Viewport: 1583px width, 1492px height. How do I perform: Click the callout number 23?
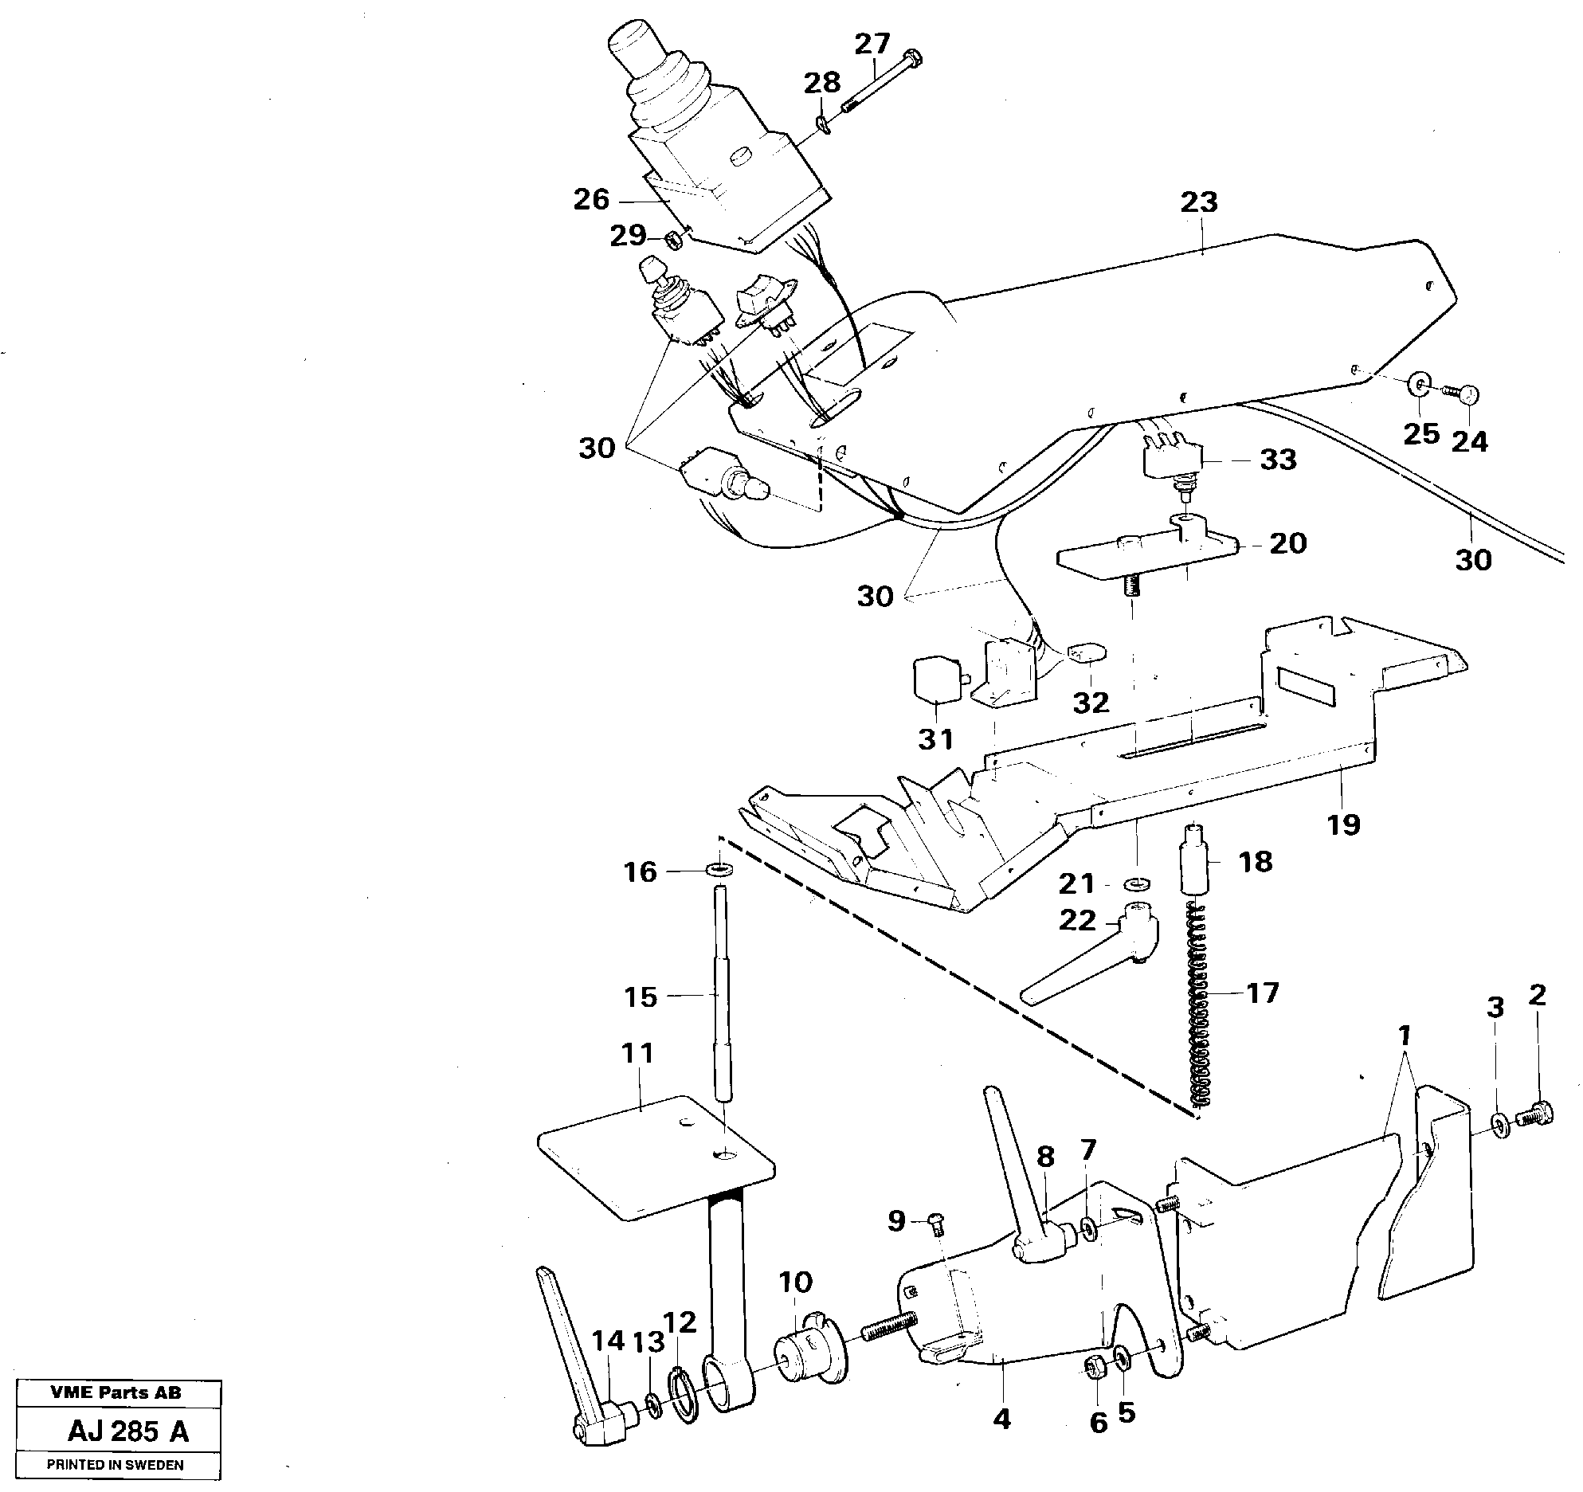point(1199,202)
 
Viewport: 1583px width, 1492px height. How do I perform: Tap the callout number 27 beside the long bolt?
point(872,45)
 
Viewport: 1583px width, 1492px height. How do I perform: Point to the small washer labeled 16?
point(719,868)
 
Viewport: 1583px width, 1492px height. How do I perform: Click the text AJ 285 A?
point(127,1431)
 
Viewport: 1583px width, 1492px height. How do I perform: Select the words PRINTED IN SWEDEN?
point(116,1464)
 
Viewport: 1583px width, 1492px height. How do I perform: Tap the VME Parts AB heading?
point(116,1392)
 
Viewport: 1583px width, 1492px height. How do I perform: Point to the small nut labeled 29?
point(675,238)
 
